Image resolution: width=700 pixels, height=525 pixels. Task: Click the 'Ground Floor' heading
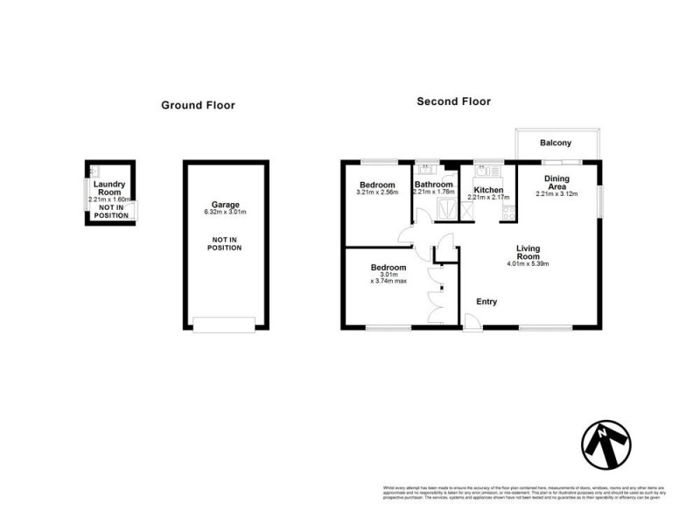point(198,105)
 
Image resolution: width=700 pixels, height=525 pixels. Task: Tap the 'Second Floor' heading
point(453,101)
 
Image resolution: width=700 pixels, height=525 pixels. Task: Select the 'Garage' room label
point(224,203)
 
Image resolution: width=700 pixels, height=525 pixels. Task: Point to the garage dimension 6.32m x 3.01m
point(224,212)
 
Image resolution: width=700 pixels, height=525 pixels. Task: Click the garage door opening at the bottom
point(224,325)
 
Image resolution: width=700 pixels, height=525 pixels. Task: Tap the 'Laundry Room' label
point(110,188)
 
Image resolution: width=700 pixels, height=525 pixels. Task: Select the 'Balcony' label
point(556,143)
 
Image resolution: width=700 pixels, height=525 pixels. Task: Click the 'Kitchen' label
point(488,190)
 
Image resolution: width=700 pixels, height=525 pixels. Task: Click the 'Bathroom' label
point(434,185)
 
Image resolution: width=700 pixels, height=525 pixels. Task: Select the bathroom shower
point(445,209)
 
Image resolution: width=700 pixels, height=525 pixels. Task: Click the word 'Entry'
point(486,302)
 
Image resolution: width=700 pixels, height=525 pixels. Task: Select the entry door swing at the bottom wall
point(472,320)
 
